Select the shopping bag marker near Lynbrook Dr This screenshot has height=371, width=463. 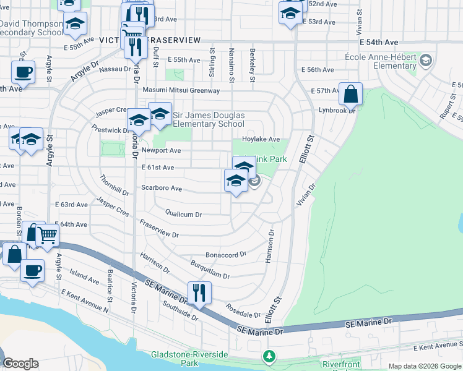coord(350,95)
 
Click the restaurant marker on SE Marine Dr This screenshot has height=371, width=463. coord(199,292)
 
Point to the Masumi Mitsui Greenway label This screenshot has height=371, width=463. coord(181,91)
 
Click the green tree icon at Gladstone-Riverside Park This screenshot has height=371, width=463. coord(269,356)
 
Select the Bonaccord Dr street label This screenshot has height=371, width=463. coord(226,255)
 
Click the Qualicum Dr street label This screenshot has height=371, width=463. coord(183,215)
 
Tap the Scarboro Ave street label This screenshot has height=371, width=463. coord(162,188)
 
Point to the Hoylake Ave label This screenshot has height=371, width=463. coord(261,139)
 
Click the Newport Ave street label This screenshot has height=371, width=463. coord(161,150)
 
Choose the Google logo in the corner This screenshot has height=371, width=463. coord(20,364)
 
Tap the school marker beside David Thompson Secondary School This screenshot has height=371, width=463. coord(76,24)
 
